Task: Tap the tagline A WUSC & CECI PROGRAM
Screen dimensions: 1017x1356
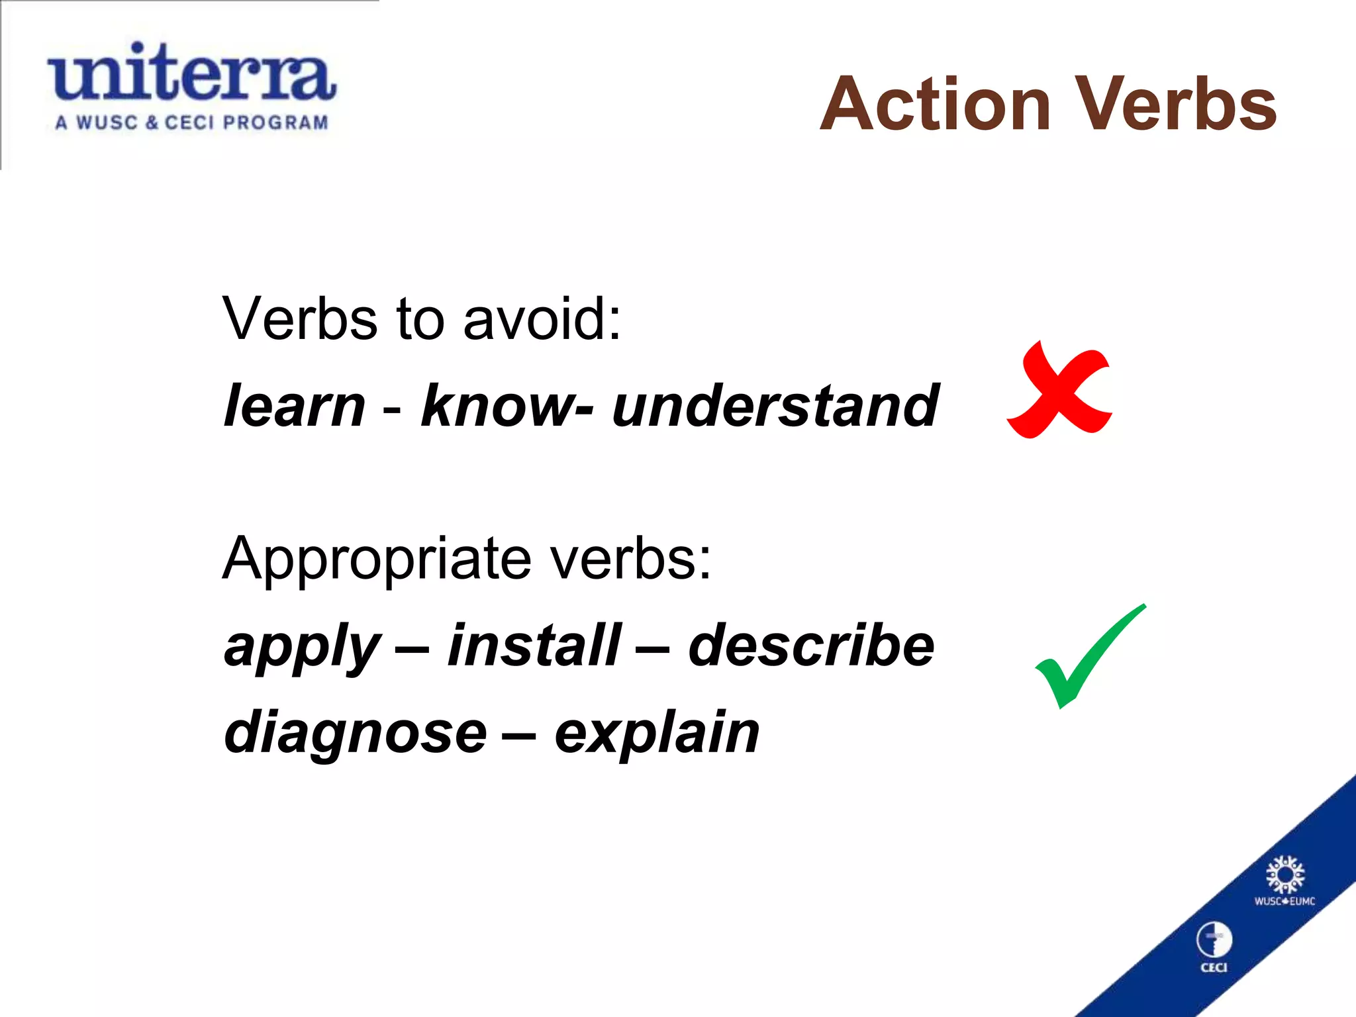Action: [192, 123]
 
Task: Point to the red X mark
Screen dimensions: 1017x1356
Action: [1059, 391]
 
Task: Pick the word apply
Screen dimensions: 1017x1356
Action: [302, 648]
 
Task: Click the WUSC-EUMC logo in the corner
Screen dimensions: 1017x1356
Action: [1284, 881]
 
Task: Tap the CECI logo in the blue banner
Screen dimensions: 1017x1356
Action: [1214, 947]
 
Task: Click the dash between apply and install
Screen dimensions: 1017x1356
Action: [412, 649]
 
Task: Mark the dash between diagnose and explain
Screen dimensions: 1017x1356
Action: [519, 735]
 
